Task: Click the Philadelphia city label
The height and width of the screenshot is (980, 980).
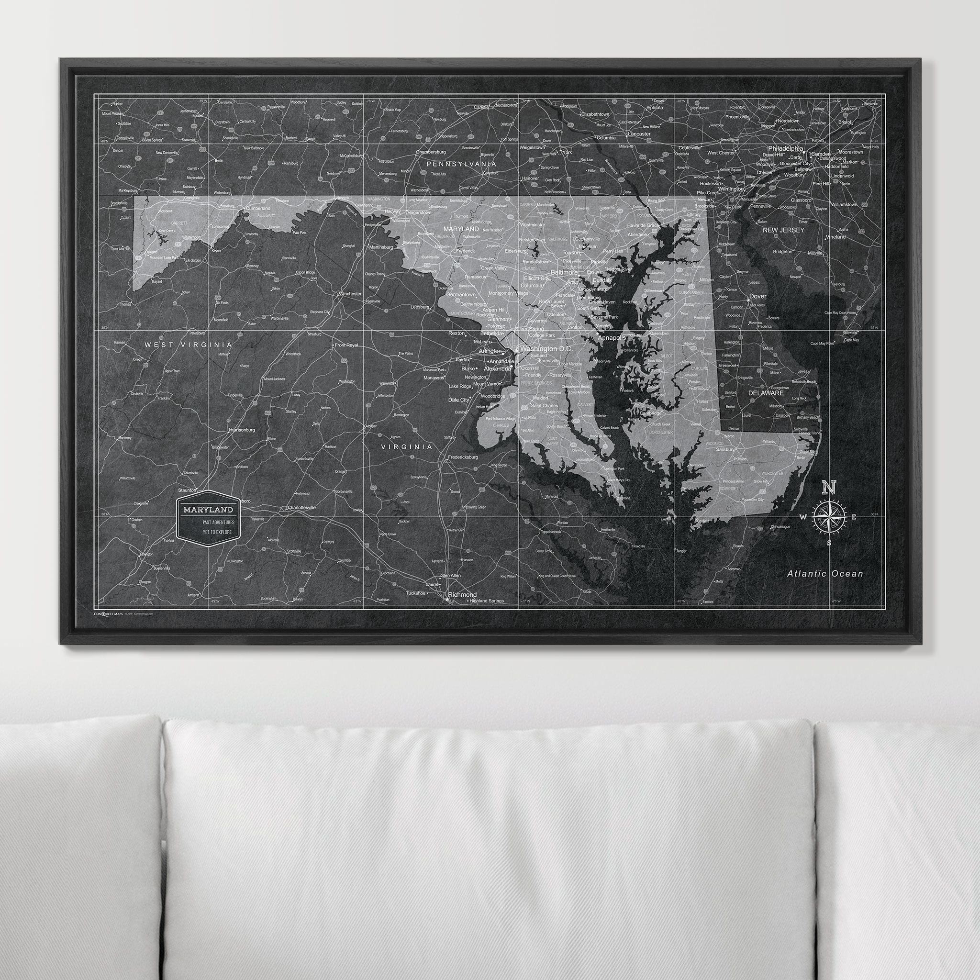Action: point(785,149)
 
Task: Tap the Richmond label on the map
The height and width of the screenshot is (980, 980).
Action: point(462,594)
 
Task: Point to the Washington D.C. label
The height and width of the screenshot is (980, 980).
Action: point(546,349)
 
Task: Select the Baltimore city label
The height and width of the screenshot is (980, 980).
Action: point(564,272)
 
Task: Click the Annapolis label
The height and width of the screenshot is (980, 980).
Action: point(612,337)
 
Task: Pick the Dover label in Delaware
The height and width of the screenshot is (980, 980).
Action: point(758,296)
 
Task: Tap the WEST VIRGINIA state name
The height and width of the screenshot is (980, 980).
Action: point(188,345)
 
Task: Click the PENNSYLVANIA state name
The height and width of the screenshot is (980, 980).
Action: point(461,164)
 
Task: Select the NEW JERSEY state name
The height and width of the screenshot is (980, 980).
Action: point(784,230)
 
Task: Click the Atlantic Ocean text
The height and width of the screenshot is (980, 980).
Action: point(825,574)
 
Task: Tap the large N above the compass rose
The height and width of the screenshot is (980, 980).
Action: point(829,488)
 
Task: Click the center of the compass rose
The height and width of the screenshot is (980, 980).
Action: point(829,517)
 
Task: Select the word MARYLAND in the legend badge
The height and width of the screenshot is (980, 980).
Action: point(208,509)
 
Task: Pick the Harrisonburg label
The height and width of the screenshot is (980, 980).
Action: point(242,430)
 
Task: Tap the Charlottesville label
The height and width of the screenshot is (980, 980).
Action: point(301,507)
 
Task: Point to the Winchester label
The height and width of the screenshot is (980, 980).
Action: point(350,294)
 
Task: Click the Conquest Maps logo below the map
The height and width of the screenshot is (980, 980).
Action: point(108,613)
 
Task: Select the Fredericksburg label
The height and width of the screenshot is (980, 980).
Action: point(463,457)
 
